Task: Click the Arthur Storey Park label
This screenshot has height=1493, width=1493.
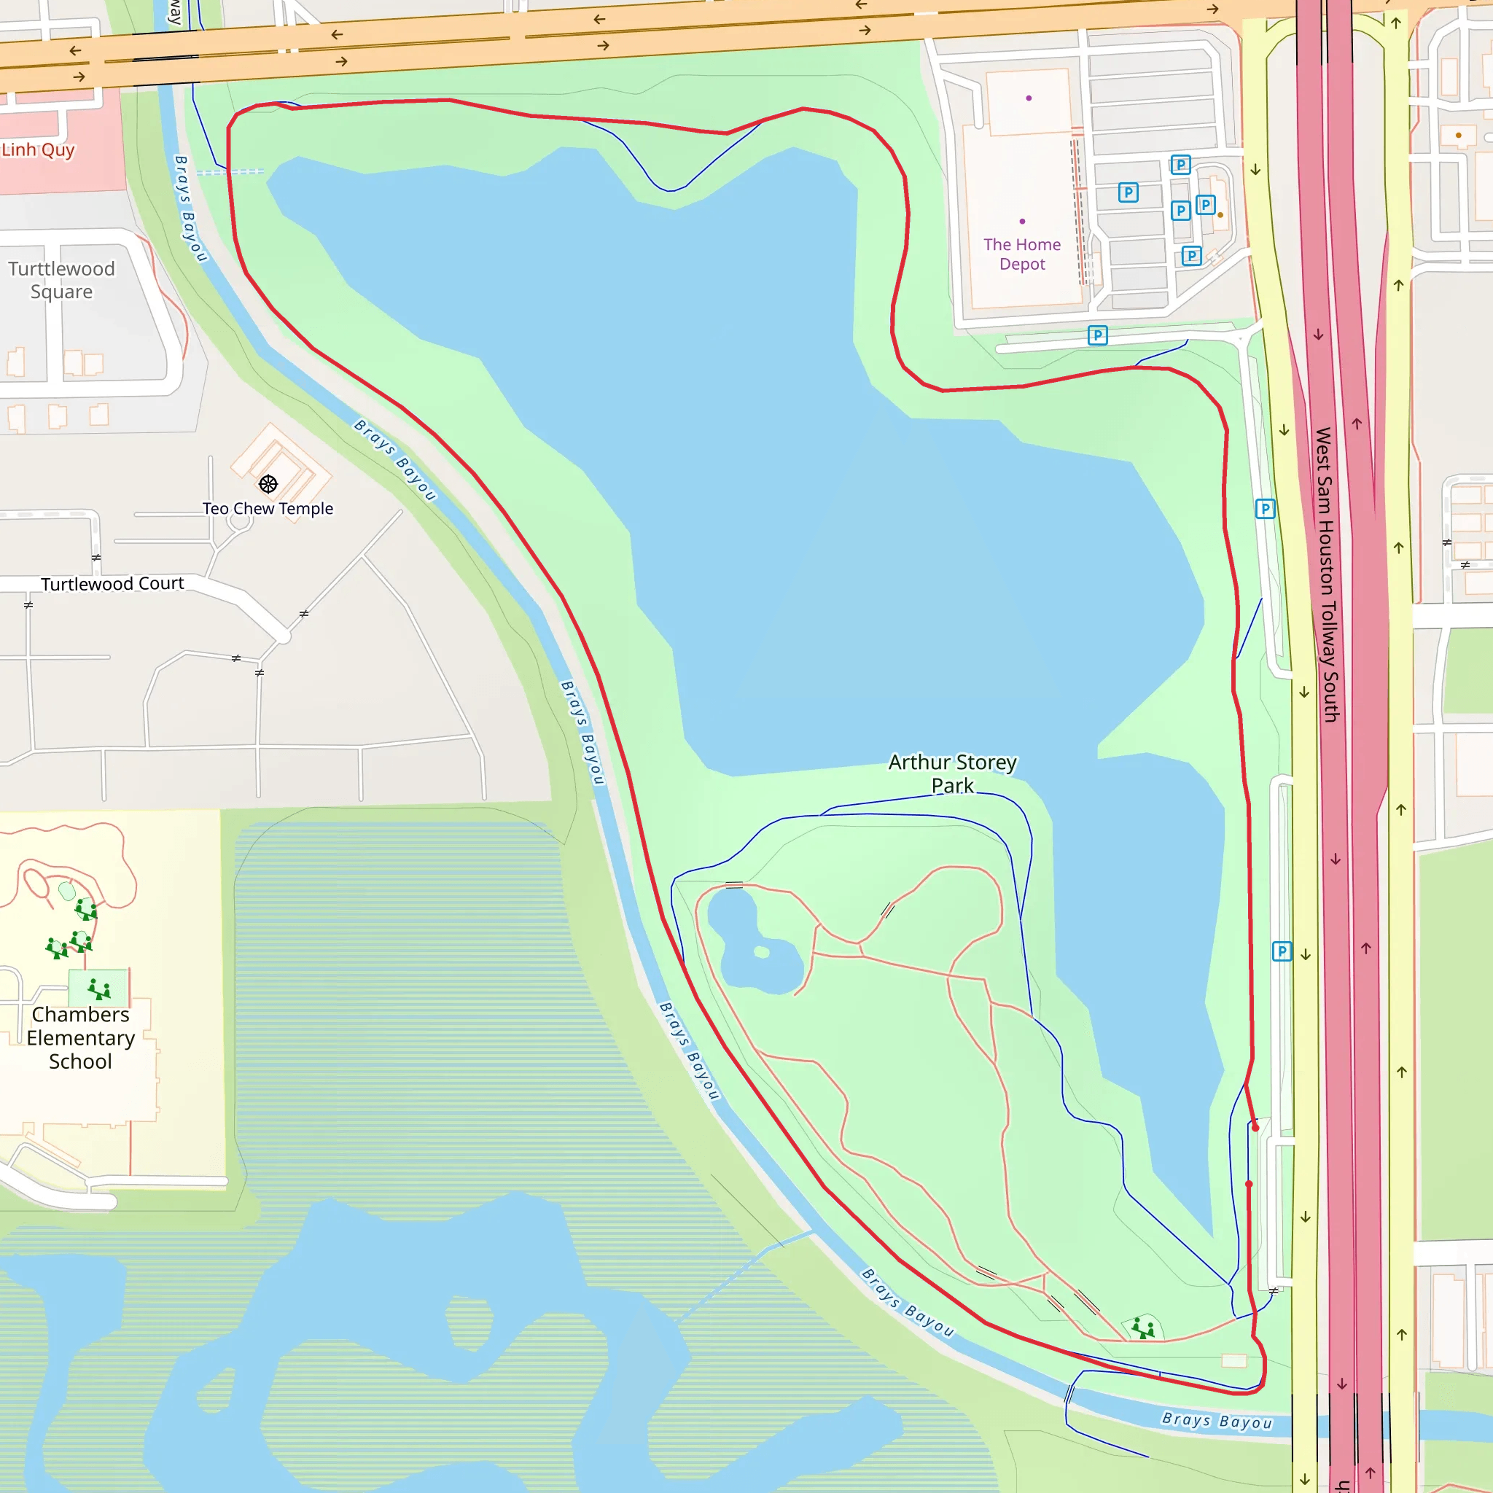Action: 952,773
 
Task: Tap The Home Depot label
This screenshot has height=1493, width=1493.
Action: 1021,254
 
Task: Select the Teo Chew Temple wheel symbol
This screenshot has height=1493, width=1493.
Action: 268,485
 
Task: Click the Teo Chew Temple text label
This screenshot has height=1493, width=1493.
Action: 268,509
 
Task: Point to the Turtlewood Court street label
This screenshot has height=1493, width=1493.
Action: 112,583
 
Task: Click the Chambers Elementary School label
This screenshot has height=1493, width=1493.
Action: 80,1038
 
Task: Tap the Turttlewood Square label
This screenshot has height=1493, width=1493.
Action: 61,280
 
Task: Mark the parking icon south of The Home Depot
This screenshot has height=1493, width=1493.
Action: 1097,335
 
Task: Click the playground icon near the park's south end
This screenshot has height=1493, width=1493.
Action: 1143,1329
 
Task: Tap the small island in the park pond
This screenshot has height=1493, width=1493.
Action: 762,952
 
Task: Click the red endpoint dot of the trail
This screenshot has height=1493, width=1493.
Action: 1256,1128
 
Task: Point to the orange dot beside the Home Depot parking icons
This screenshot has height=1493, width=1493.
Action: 1220,215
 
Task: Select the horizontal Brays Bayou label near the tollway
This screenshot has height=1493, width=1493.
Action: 1217,1421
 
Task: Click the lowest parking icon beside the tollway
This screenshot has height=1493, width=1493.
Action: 1282,951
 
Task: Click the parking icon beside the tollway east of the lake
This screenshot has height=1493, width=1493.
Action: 1265,509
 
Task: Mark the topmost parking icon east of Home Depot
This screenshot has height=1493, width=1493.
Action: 1180,165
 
